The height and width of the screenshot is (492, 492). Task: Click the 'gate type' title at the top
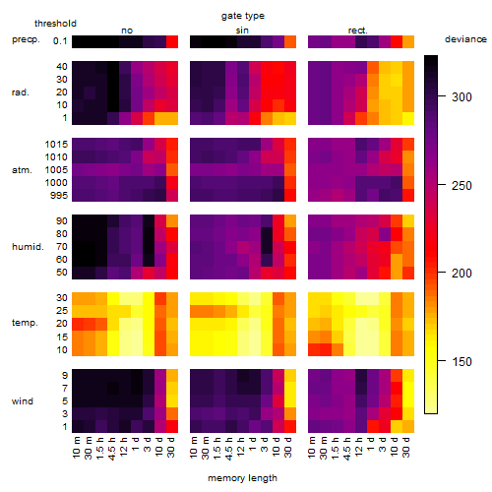(243, 16)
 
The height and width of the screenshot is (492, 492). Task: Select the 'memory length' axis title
(242, 478)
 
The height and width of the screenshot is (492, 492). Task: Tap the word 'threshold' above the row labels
(55, 24)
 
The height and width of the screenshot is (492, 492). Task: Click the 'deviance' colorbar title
(465, 39)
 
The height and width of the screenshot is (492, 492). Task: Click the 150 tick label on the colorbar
(461, 362)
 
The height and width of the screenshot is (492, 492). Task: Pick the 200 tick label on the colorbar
(461, 273)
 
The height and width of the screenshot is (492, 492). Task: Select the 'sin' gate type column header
(242, 31)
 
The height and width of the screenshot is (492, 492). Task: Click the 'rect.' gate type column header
(358, 31)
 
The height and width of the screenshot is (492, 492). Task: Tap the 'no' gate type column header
(127, 31)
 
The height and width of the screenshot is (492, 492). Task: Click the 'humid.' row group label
(28, 247)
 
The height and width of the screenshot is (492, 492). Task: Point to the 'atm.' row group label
(22, 170)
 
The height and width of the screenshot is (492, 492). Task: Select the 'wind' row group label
(23, 401)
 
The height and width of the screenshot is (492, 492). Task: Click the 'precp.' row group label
(26, 39)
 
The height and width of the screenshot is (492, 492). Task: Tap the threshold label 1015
(56, 145)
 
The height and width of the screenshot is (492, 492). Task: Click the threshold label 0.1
(60, 41)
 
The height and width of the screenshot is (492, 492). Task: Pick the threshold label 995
(59, 196)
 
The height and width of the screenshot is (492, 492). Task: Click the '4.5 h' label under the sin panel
(229, 449)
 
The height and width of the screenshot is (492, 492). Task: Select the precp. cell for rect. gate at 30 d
(408, 42)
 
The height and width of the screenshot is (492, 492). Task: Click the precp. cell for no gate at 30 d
(172, 42)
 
